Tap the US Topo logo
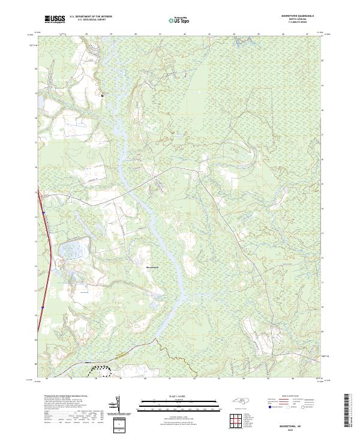(x=175, y=20)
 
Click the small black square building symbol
(x=103, y=95)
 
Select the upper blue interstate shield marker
(x=43, y=213)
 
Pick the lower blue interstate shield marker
(x=43, y=308)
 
